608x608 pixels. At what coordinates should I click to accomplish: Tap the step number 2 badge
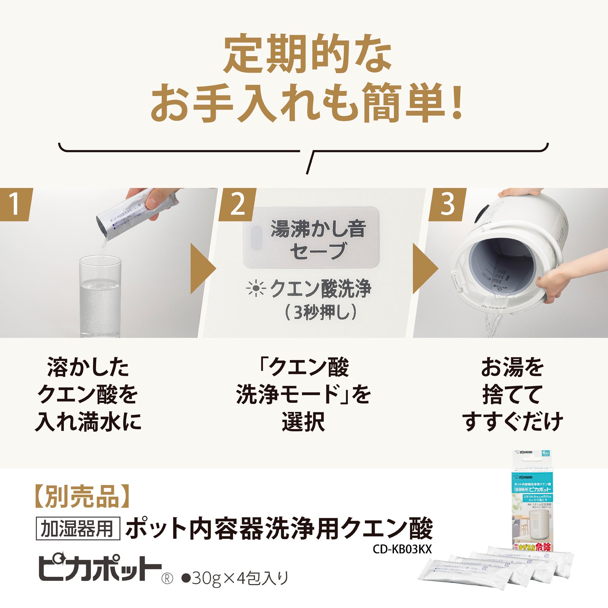(237, 204)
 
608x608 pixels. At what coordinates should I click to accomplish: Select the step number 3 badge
(447, 204)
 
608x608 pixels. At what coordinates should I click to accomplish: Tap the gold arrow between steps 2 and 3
(424, 268)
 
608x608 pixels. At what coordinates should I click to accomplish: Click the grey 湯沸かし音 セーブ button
(311, 238)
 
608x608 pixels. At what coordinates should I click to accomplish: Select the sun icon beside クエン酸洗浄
(256, 289)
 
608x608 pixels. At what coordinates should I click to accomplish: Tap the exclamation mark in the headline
(456, 103)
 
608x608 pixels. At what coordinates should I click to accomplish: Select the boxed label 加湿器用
(78, 529)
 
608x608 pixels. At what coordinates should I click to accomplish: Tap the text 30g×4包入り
(236, 578)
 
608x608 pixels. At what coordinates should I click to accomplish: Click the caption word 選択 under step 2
(303, 421)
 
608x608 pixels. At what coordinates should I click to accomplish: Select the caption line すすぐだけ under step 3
(513, 421)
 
